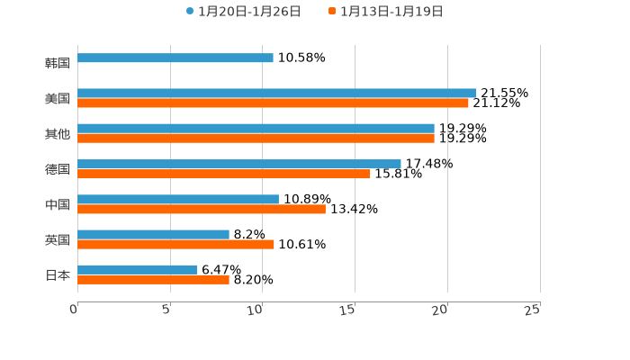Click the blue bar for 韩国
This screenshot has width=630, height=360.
click(175, 58)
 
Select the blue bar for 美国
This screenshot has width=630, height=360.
click(277, 94)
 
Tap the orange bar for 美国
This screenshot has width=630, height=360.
click(273, 103)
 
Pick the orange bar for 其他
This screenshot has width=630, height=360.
click(256, 139)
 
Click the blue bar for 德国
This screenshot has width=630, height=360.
click(239, 164)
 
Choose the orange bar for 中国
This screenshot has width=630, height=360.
click(202, 209)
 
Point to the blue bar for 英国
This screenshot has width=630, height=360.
click(153, 235)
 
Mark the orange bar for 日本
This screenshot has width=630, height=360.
click(153, 280)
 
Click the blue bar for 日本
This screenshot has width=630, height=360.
click(138, 270)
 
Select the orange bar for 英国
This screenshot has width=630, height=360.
click(175, 245)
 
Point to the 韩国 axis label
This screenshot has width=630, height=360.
click(58, 63)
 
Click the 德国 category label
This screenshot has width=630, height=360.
click(58, 169)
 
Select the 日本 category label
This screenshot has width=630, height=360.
click(58, 274)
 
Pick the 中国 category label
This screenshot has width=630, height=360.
click(58, 204)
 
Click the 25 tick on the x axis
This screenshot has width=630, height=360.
click(532, 310)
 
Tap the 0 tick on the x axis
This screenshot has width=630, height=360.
click(75, 310)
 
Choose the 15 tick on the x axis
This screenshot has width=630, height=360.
click(348, 310)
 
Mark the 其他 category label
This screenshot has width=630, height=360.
click(58, 134)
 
